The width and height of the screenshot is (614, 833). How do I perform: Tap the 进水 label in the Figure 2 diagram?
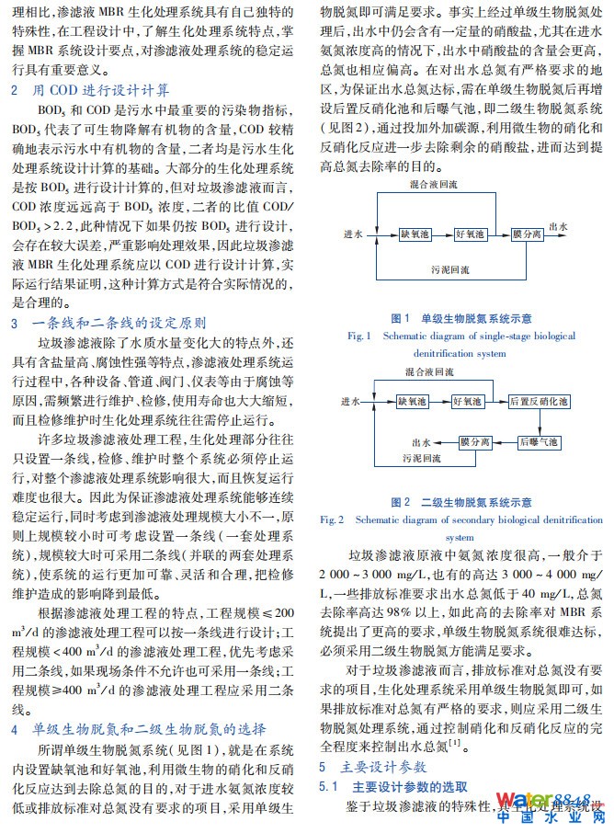coord(350,402)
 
